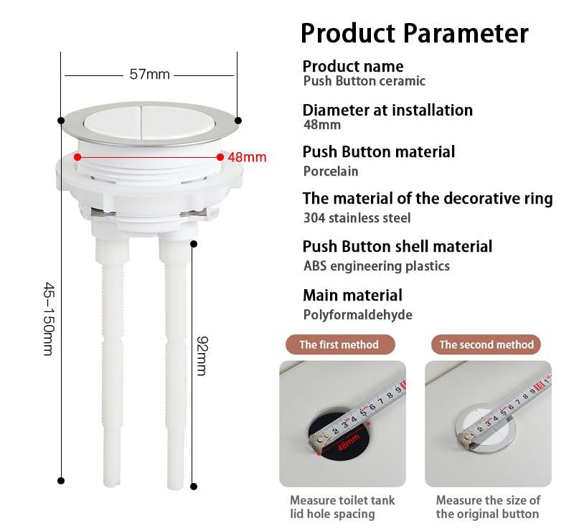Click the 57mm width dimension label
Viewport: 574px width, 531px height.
point(150,75)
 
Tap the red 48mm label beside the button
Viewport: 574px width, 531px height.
point(247,157)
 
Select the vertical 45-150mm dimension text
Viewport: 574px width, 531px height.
point(48,319)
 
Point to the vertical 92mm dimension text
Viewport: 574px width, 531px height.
point(202,356)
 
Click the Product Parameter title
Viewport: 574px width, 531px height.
point(415,33)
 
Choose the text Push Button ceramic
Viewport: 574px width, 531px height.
point(364,81)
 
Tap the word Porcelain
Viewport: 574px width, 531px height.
point(331,171)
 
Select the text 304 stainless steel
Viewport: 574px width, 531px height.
point(357,218)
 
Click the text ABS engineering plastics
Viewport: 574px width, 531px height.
point(376,266)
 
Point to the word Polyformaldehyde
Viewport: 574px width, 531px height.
point(357,314)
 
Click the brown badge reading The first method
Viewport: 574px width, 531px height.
point(340,344)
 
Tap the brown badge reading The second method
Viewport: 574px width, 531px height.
point(486,344)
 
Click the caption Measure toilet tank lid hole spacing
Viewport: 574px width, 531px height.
point(342,507)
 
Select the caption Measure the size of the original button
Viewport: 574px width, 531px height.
point(488,507)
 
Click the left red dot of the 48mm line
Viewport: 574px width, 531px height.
point(77,157)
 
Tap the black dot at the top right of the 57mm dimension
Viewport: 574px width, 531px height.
point(238,120)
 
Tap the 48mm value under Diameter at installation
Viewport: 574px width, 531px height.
point(322,125)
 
